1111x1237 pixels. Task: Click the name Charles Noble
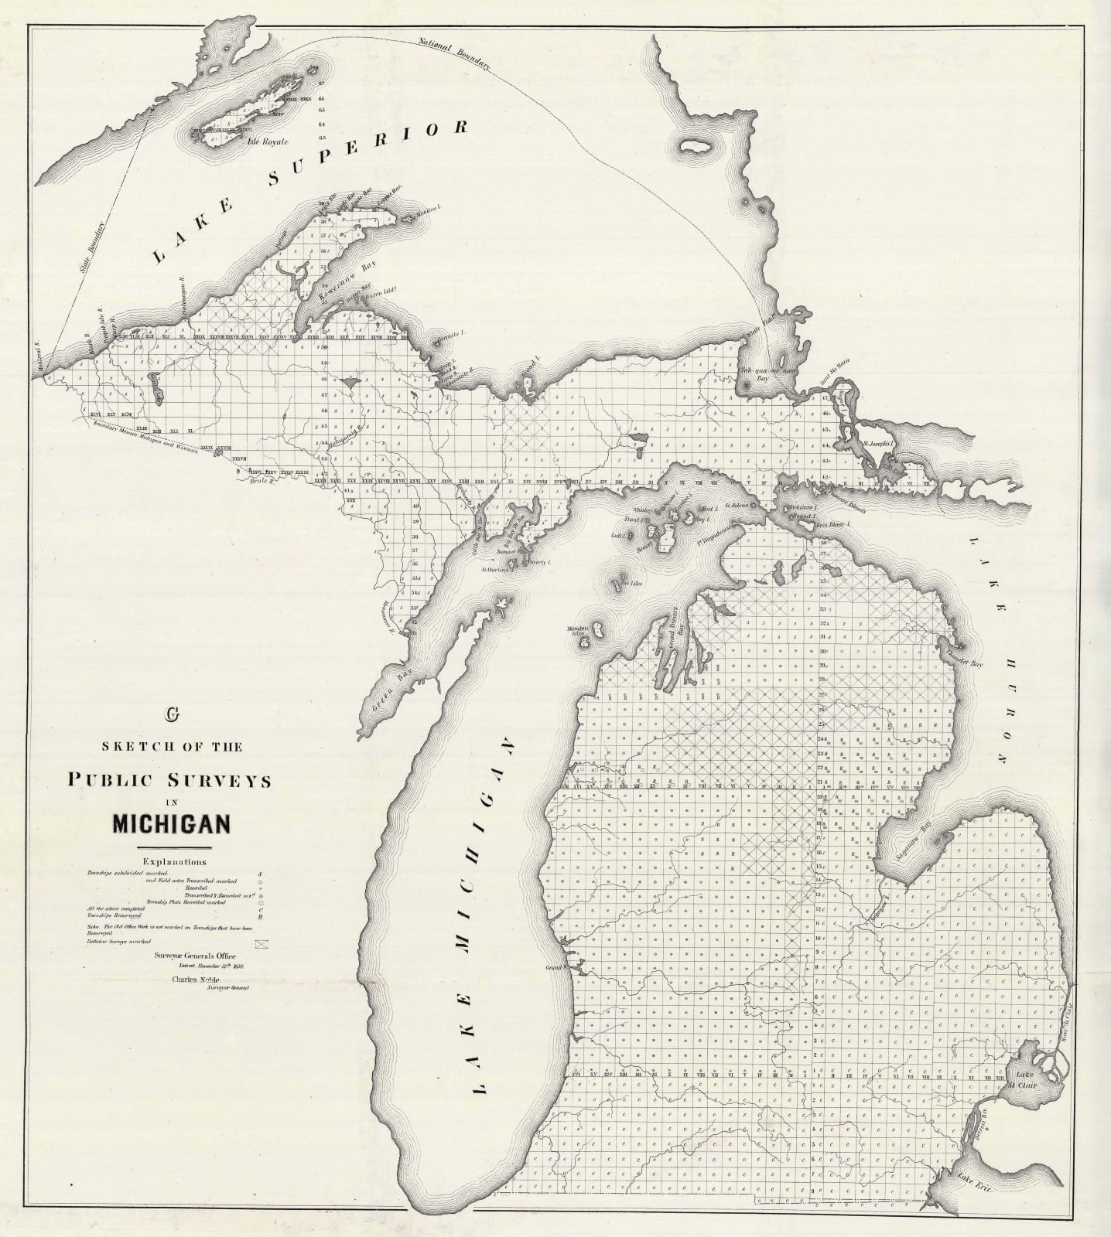click(x=186, y=980)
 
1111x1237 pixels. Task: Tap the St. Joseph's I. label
click(x=880, y=445)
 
